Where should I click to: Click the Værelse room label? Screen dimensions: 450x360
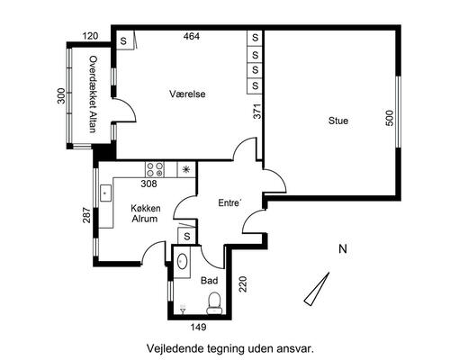coord(187,94)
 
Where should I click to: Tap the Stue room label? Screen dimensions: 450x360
coord(338,121)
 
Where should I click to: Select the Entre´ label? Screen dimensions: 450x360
coord(229,202)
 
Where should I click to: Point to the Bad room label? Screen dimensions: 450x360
coord(210,281)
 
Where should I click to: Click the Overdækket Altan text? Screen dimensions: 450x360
coord(94,94)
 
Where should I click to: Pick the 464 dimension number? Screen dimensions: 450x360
coord(192,36)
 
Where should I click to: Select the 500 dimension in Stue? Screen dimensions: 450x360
coord(389,118)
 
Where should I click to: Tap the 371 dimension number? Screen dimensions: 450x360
coord(257,112)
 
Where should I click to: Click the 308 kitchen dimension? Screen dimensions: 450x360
coord(148,184)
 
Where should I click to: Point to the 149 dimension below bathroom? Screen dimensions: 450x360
coord(199,327)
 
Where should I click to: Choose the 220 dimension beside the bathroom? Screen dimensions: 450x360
coord(242,284)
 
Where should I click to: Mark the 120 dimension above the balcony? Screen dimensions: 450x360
coord(90,36)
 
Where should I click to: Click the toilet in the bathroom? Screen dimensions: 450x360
coord(215,303)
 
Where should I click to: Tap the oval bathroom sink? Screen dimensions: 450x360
coord(183,262)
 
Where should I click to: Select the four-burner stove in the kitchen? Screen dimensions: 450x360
coord(155,169)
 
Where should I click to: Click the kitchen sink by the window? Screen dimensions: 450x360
coord(105,193)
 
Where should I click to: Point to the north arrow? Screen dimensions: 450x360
coord(317,289)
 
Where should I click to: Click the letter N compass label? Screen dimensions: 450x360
coord(343,249)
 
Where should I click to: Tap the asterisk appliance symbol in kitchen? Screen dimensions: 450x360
coord(186,170)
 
